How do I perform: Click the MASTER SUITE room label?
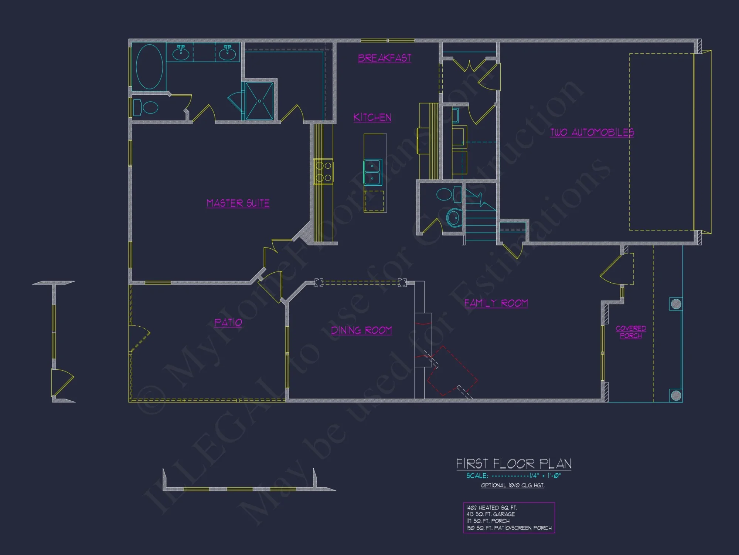238,203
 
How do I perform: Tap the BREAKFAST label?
385,58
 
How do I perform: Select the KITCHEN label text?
372,117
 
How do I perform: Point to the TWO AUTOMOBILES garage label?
592,132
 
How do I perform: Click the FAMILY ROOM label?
496,303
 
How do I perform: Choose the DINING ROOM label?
361,330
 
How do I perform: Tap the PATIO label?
228,323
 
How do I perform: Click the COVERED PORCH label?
631,332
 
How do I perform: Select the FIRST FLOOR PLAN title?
514,464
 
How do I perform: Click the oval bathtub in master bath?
149,67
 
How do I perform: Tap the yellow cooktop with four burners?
323,172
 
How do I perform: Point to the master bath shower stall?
259,101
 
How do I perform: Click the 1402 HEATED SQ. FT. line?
491,508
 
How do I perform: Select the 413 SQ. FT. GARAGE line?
491,514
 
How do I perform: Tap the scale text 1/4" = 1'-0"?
545,476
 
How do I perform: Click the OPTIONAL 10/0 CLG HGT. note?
512,485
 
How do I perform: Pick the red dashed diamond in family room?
452,371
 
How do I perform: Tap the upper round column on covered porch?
676,304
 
